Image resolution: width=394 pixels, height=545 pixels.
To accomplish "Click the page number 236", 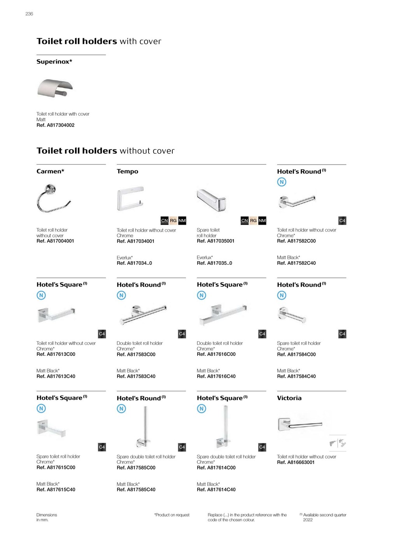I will [x=29, y=14].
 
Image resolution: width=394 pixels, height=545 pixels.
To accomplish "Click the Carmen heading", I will [x=50, y=171].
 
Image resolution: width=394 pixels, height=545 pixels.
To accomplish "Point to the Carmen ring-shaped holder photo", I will [x=53, y=199].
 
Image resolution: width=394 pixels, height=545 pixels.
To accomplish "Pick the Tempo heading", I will [x=127, y=172].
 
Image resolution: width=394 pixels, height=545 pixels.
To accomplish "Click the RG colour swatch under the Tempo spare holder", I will [x=253, y=221].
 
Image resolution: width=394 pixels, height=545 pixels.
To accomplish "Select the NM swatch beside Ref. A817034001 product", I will [x=182, y=221].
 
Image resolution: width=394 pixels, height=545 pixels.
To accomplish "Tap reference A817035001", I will [x=215, y=241].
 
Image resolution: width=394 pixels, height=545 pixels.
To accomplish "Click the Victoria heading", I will [x=289, y=398].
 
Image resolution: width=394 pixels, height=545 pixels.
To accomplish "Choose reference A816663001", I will [x=296, y=462].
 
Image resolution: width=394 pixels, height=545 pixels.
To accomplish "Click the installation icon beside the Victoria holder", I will [x=338, y=443].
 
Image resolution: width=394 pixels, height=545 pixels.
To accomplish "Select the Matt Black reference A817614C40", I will [x=216, y=490].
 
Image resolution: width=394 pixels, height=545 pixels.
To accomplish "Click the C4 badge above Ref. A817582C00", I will [x=342, y=221].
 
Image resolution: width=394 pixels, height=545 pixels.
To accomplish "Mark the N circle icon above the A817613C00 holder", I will [x=41, y=295].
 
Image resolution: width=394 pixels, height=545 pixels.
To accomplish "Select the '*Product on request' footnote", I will [x=172, y=515].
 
